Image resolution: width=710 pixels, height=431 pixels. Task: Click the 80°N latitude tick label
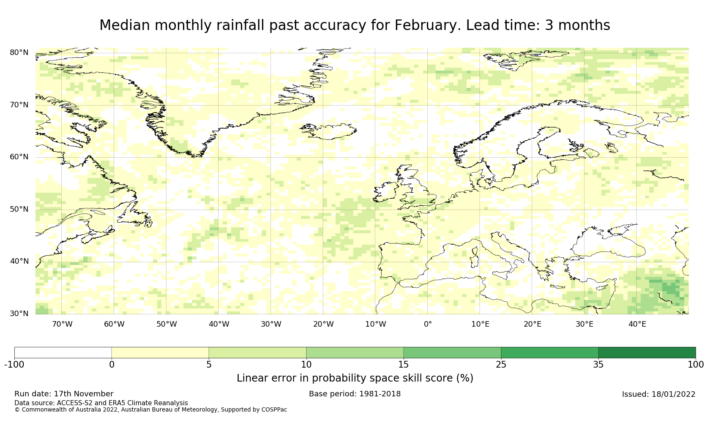click(19, 52)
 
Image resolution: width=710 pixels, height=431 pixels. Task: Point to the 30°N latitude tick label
click(19, 314)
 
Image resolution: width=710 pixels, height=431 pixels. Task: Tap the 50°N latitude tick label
click(19, 209)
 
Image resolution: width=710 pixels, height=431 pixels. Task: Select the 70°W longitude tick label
click(62, 324)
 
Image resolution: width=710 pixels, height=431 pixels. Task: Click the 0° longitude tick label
click(428, 324)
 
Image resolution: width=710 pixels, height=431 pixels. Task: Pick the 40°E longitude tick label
click(637, 324)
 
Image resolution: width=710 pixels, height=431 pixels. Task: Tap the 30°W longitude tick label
click(271, 324)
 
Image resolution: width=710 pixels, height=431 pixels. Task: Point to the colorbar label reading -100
click(14, 365)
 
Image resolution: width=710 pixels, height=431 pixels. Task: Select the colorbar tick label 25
click(501, 365)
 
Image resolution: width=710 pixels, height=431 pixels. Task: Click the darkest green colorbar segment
click(647, 353)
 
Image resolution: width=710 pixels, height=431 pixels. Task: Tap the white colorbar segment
click(63, 353)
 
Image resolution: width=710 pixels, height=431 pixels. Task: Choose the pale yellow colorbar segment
click(160, 353)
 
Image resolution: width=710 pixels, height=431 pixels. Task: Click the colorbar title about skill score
click(355, 378)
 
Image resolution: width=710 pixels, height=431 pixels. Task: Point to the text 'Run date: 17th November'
click(64, 394)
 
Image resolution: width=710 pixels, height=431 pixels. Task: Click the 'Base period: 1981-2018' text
click(355, 394)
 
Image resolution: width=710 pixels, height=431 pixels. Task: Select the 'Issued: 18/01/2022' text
click(658, 394)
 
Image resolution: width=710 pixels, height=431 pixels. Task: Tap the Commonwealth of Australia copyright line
click(150, 409)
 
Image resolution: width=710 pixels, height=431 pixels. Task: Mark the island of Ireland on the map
click(385, 191)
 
